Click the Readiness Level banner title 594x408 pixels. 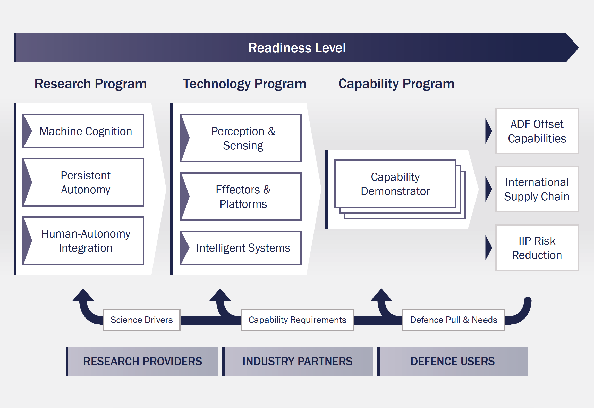[297, 48]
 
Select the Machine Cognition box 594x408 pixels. [83, 131]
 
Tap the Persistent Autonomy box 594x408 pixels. [83, 182]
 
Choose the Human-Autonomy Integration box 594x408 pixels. [83, 241]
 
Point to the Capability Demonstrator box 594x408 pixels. [395, 184]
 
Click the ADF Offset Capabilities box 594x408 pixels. [537, 131]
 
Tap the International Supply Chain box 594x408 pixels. [537, 189]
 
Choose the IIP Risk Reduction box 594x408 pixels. [537, 248]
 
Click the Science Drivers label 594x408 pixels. [142, 320]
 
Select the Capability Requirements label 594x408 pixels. [297, 320]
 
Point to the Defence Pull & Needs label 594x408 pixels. [453, 320]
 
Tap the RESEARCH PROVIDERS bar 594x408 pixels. [142, 361]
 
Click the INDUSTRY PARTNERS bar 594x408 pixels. [298, 361]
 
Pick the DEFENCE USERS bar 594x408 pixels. [453, 361]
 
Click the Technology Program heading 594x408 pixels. [244, 84]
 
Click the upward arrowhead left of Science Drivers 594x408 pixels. [83, 296]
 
